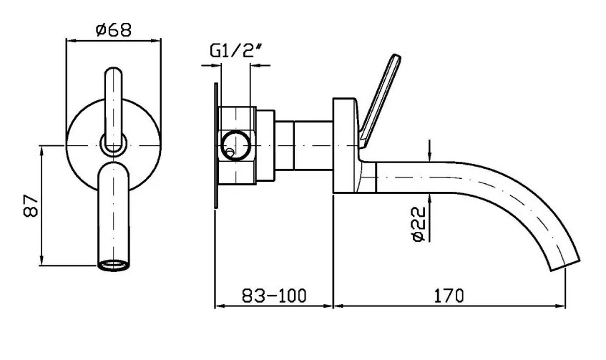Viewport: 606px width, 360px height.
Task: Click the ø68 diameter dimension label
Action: coord(114,29)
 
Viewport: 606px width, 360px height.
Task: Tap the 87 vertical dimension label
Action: coord(31,206)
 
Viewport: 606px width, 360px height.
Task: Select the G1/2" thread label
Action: coord(237,51)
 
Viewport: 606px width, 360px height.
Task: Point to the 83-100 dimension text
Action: coord(274,296)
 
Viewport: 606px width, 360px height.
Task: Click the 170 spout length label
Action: coord(449,296)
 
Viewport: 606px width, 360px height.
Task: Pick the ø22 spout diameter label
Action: coord(418,225)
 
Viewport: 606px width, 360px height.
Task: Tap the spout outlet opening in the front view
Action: coord(113,266)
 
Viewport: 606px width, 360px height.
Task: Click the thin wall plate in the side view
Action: coord(216,146)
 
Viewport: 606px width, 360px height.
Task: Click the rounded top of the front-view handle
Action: coord(114,72)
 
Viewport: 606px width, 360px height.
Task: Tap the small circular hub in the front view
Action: coord(114,145)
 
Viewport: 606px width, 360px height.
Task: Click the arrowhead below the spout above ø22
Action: coord(429,198)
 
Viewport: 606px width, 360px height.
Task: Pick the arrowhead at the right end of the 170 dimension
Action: coord(561,306)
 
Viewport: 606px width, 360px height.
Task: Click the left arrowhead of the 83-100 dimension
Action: coord(220,306)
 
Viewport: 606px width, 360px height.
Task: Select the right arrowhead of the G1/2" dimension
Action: coord(256,65)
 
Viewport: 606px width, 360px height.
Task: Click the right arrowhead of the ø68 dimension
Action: coord(155,39)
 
